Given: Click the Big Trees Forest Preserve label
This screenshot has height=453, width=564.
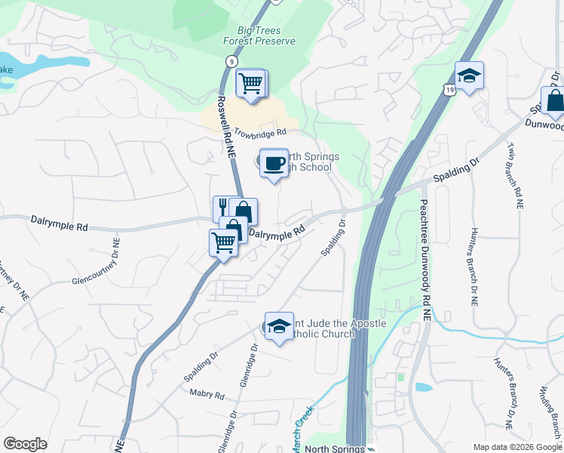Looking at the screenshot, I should (259, 35).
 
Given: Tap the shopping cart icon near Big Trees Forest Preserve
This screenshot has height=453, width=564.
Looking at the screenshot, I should (250, 82).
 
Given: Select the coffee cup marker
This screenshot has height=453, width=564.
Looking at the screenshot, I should (274, 162).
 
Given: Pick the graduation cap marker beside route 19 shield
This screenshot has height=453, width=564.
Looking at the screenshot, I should (469, 75).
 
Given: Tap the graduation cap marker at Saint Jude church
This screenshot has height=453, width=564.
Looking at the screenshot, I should (279, 326).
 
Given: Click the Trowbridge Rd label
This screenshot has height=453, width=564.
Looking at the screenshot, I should (261, 133).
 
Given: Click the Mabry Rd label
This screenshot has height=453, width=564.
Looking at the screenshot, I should (208, 394).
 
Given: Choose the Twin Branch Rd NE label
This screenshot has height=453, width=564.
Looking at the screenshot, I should (515, 174).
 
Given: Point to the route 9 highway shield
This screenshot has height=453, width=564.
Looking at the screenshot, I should (229, 60).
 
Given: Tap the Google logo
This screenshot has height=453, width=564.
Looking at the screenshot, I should (25, 444).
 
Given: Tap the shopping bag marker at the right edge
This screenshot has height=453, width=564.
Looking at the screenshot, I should (555, 101).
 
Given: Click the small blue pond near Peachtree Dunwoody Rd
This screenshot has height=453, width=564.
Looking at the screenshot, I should (423, 387).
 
